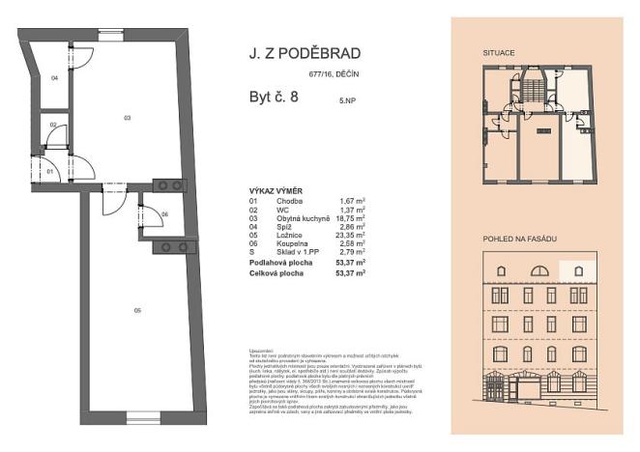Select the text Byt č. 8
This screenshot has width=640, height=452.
coord(268,95)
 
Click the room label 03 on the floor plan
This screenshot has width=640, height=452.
coord(127,117)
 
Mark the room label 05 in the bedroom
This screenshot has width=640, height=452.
coord(138,310)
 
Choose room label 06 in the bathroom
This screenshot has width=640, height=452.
coord(165,213)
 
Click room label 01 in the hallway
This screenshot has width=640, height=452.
coord(50,171)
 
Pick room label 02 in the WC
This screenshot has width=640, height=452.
coord(54,126)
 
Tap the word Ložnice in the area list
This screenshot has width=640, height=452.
coord(277,236)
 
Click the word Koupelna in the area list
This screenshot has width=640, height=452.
coord(279,244)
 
